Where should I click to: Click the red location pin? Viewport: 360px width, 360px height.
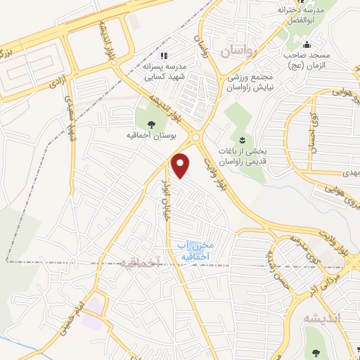tap(181, 165)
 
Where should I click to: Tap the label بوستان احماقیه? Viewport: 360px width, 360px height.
tap(153, 137)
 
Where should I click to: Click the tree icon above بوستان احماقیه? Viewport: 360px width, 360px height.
tap(152, 124)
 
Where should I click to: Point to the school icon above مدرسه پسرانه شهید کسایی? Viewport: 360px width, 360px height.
tap(165, 56)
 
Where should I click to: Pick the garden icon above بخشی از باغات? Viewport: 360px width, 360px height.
tap(243, 139)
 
